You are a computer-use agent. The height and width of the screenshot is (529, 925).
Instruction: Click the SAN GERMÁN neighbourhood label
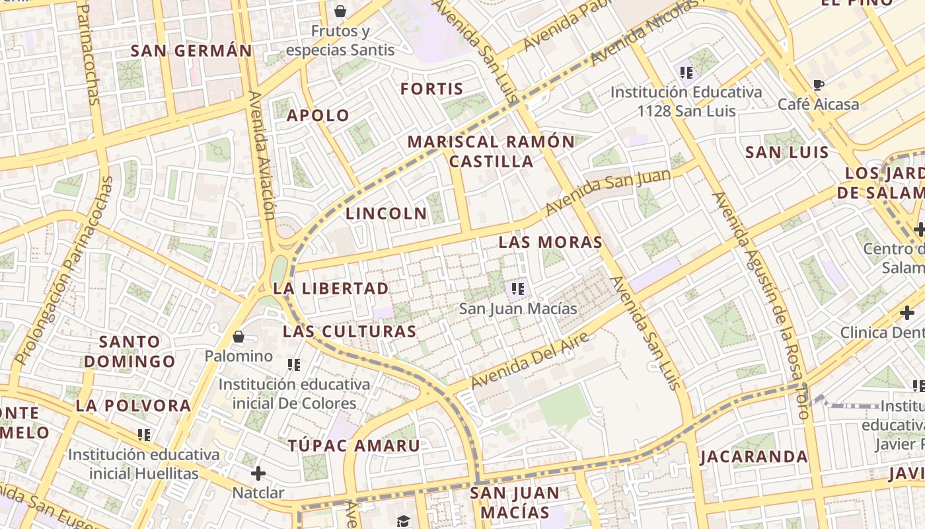tap(192, 51)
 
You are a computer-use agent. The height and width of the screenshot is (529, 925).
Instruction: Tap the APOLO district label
tap(318, 116)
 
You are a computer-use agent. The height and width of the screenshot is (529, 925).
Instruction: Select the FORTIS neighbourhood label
tap(432, 89)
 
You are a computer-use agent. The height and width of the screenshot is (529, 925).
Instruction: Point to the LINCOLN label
tap(387, 214)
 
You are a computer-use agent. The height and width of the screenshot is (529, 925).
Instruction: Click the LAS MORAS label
tap(550, 243)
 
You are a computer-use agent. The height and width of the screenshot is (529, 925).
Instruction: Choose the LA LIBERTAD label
tap(331, 289)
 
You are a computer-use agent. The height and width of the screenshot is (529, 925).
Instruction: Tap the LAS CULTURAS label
tap(350, 332)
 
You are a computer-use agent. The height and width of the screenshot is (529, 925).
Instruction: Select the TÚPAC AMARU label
tap(353, 446)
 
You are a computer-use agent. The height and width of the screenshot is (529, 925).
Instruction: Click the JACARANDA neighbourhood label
tap(753, 457)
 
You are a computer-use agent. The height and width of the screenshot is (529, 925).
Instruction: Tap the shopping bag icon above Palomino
tap(239, 337)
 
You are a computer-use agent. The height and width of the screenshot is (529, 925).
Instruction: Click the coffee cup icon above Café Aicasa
tap(818, 85)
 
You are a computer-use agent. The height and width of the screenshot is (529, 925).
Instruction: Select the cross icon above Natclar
tap(258, 473)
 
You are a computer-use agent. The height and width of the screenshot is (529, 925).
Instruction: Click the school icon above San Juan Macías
tap(518, 288)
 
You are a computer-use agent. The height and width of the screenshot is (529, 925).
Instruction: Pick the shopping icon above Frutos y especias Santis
tap(340, 11)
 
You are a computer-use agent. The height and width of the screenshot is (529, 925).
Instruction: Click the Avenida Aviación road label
tap(261, 155)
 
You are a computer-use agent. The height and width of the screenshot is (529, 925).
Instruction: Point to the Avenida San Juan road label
tap(608, 192)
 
